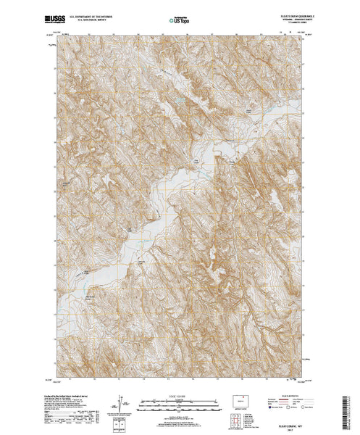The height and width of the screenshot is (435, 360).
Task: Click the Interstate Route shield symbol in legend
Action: click(x=271, y=406)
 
